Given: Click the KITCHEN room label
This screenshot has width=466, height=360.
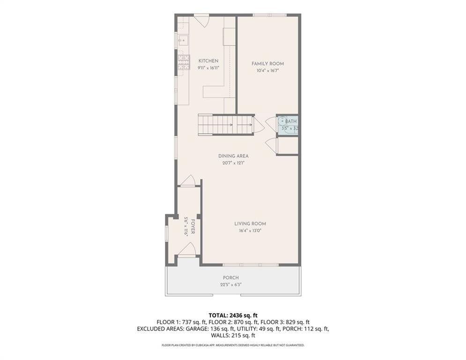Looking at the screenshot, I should [x=208, y=61].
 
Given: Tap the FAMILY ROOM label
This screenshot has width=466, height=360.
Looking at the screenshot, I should [x=267, y=64].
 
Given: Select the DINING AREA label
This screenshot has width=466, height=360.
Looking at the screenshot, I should [x=233, y=156].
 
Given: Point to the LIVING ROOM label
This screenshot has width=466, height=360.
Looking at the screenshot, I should [x=250, y=224].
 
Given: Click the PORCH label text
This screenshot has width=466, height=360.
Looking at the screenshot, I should [x=231, y=277].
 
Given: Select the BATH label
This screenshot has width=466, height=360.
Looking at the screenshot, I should [x=290, y=121].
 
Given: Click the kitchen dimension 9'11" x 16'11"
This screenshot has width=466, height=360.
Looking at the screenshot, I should [x=208, y=68].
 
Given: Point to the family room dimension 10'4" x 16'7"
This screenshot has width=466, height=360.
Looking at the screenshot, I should [x=267, y=71].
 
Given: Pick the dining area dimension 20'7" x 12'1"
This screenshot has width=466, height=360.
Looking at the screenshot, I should [x=233, y=163].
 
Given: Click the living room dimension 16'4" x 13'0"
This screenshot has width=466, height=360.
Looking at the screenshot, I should [x=250, y=231].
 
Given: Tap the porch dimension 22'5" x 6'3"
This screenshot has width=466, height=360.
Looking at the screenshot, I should [x=231, y=284].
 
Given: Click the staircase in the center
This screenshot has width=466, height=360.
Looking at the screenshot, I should [x=225, y=125].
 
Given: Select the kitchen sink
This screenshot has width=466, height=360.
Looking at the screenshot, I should [x=182, y=40].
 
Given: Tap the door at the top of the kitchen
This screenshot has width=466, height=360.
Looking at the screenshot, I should [x=201, y=21].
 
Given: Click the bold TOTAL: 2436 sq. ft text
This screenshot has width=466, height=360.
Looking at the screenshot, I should [x=233, y=315].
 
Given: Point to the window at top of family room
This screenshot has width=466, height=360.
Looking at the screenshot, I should [x=269, y=15].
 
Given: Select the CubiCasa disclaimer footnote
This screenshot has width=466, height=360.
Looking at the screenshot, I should [x=233, y=345].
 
